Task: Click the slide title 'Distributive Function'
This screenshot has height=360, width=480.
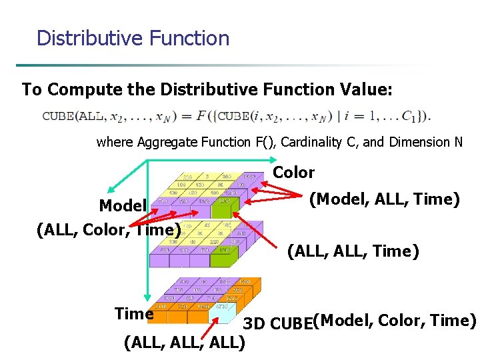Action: click(x=133, y=37)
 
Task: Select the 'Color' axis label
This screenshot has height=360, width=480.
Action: click(x=293, y=173)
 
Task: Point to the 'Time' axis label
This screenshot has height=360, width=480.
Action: click(x=134, y=313)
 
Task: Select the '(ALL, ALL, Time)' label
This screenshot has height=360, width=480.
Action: click(x=353, y=251)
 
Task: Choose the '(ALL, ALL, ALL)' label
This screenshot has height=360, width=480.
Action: click(x=185, y=343)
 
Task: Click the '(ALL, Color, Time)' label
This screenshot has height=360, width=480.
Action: click(x=109, y=229)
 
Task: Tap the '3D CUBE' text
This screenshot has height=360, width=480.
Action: click(x=277, y=324)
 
